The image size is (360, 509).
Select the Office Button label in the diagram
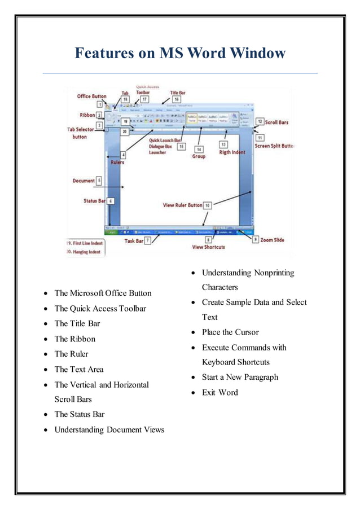92,96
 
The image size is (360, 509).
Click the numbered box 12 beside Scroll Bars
260,121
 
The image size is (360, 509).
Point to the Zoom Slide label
273,240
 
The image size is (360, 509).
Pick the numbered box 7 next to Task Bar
148,240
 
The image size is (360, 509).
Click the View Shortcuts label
208,247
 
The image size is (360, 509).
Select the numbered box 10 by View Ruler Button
207,205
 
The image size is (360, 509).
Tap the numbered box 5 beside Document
99,181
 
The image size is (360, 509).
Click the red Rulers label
117,163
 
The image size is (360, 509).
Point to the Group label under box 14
199,156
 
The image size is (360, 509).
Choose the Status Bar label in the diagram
91,200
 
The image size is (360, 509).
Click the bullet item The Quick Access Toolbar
100,309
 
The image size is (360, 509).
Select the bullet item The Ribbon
74,339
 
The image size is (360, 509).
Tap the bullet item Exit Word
219,392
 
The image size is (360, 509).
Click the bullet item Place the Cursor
230,332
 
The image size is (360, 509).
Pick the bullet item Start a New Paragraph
240,377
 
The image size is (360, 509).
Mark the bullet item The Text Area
79,370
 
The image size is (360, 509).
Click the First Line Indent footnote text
85,243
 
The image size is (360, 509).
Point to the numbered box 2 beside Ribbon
99,115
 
